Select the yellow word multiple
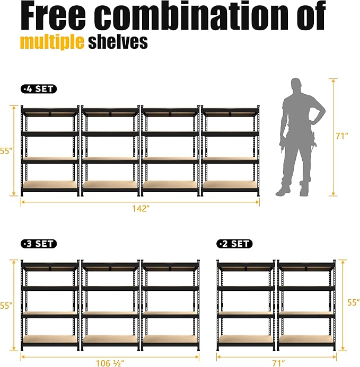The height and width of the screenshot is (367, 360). (52, 42)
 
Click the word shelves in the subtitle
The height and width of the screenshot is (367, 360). (118, 42)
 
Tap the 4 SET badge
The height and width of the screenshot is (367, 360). (39, 89)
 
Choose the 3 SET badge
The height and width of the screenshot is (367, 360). (39, 244)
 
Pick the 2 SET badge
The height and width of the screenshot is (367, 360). (234, 244)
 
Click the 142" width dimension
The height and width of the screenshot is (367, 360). (141, 208)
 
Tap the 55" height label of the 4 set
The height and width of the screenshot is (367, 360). (6, 151)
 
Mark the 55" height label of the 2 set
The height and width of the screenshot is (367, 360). (352, 302)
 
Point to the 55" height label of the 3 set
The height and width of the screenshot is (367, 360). (6, 306)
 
